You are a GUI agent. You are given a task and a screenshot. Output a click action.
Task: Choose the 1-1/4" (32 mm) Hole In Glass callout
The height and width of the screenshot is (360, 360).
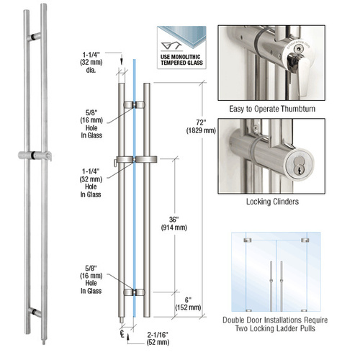[94, 179]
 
